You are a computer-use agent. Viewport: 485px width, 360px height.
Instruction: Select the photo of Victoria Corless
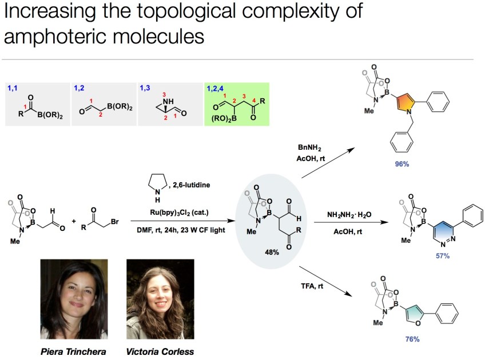coord(157,300)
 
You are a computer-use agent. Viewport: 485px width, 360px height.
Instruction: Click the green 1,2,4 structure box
coord(236,104)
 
